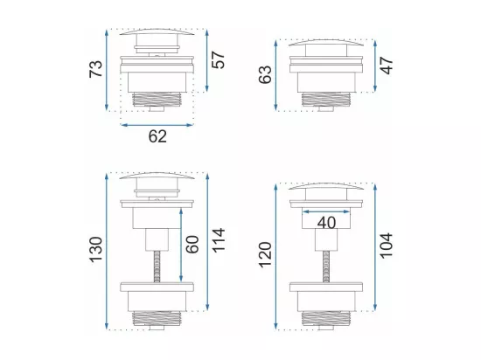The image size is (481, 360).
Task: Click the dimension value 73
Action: [95, 69]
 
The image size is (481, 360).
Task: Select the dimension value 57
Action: [218, 60]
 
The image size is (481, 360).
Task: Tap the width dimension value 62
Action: [157, 136]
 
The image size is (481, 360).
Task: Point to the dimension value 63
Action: [265, 74]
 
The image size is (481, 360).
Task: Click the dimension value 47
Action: [387, 66]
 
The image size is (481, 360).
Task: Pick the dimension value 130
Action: [95, 249]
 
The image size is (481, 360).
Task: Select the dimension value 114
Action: [219, 240]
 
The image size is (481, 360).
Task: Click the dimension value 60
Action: [192, 244]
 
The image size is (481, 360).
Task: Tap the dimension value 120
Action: [265, 255]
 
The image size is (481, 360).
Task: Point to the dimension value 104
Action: [387, 246]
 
